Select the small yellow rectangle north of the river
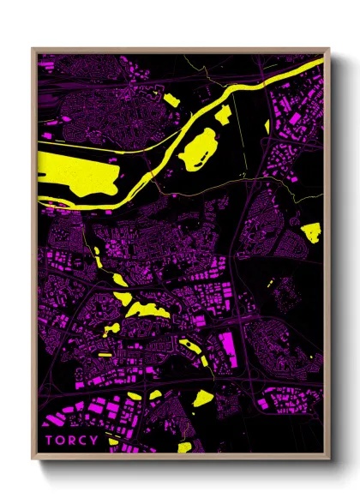pyautogui.click(x=171, y=100)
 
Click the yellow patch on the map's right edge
pyautogui.click(x=311, y=230)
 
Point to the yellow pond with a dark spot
pyautogui.click(x=187, y=346)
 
